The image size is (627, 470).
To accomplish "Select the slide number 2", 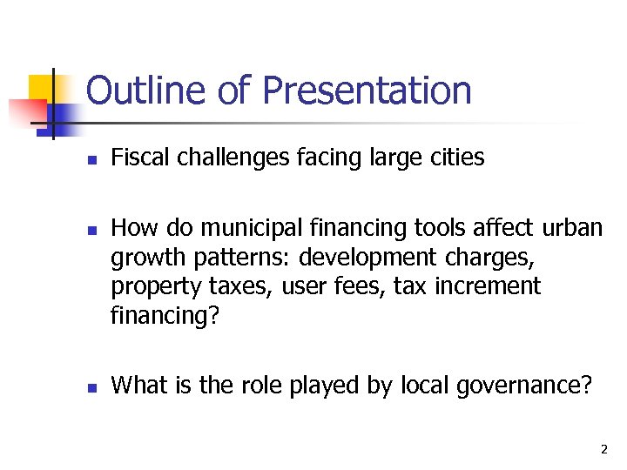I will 603,450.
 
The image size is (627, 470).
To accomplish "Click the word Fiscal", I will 140,158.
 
